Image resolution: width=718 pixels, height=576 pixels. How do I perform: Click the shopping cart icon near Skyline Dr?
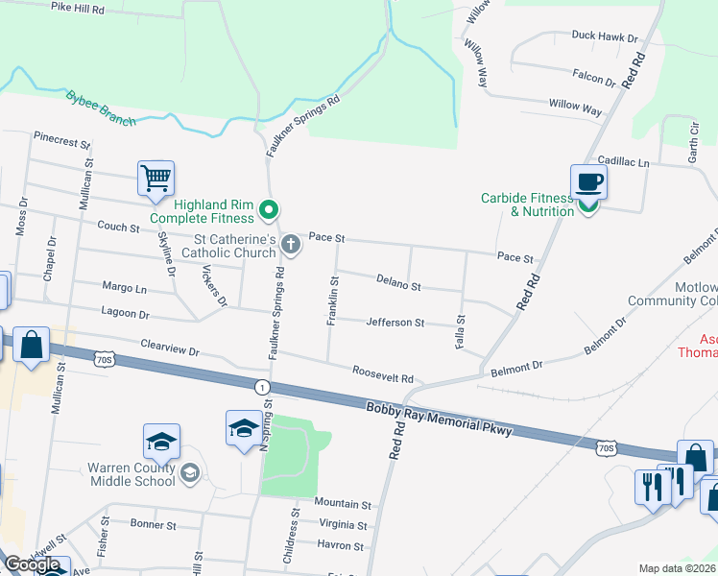tap(156, 179)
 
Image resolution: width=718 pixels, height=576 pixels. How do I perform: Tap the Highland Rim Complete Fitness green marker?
tap(270, 208)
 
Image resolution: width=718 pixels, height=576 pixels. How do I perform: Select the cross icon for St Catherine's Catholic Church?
tap(291, 247)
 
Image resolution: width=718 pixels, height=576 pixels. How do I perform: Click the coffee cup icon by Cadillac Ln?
tap(587, 180)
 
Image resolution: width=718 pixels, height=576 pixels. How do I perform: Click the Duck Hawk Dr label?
tap(605, 36)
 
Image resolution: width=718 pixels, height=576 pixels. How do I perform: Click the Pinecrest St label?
tap(61, 140)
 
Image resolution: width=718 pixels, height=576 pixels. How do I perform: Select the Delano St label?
tap(398, 284)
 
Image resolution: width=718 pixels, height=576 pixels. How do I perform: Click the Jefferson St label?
tap(395, 323)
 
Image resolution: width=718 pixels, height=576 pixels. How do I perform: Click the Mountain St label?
tap(343, 504)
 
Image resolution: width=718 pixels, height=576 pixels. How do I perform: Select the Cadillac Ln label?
tap(623, 163)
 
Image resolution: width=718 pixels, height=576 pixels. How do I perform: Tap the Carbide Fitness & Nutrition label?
tap(527, 204)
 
